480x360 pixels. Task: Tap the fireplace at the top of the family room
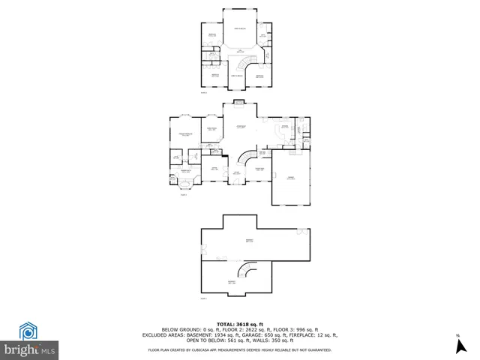coord(239,103)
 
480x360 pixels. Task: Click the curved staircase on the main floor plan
coord(247,160)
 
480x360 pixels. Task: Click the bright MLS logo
coord(30,349)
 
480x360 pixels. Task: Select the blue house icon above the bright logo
coord(28,331)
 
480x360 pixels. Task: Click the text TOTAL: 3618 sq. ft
coord(239,323)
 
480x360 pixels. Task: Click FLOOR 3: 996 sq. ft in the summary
coord(296,329)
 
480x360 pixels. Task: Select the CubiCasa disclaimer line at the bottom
coord(239,349)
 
